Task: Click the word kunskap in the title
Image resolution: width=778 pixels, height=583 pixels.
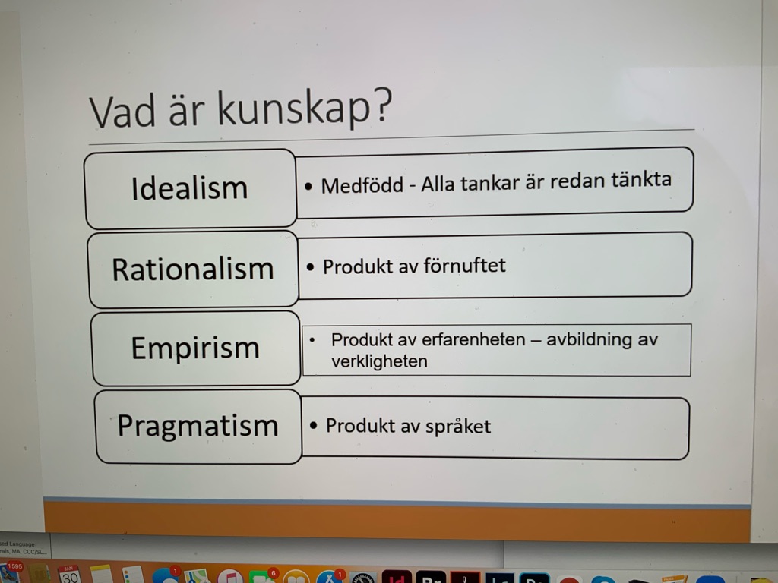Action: (x=294, y=108)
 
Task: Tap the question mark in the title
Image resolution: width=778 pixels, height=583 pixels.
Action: (x=383, y=105)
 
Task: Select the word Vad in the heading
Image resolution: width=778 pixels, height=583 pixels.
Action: (x=122, y=112)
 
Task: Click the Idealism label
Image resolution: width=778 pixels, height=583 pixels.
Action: (x=189, y=188)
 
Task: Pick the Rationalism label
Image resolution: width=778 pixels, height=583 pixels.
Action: (x=193, y=269)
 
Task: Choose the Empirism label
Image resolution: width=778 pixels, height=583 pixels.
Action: (x=195, y=348)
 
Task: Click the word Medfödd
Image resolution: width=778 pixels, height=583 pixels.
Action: (x=362, y=186)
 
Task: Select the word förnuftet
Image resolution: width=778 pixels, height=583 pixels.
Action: (x=464, y=265)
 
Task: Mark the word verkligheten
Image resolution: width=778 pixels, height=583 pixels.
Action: (x=380, y=361)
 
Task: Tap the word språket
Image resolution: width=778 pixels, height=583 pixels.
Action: (x=458, y=427)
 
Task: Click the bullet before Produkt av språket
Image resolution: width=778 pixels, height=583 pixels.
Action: (x=313, y=426)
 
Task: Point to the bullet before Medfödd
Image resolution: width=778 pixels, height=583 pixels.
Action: (x=308, y=187)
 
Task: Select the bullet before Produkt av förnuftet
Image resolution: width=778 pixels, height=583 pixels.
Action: (x=311, y=268)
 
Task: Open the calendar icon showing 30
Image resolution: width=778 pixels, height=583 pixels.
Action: (x=69, y=574)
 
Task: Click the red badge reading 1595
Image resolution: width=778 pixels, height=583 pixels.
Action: (x=15, y=566)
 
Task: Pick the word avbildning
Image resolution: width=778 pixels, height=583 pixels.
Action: (x=590, y=339)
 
